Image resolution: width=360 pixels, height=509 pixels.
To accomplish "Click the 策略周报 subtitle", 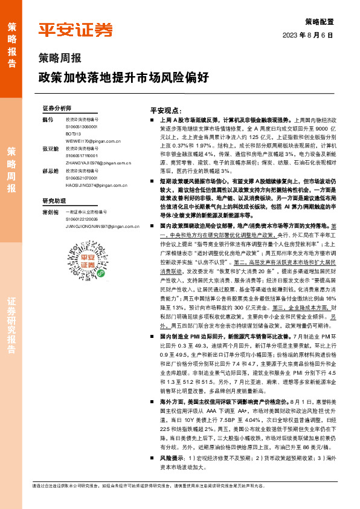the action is [x=60, y=59].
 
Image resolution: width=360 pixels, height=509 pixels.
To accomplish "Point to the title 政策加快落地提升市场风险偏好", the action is [x=124, y=77].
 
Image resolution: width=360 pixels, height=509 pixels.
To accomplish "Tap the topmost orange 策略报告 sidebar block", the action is [x=11, y=42].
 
